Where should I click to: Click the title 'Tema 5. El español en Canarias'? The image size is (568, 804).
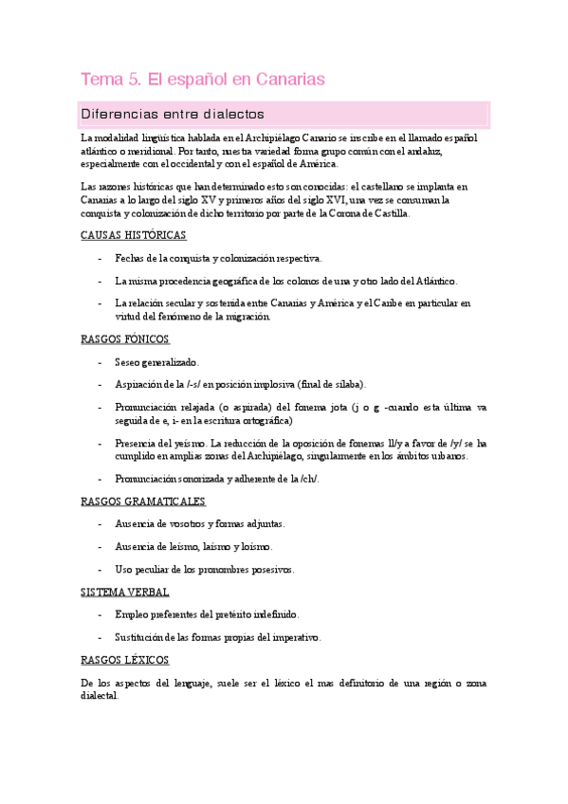tap(203, 80)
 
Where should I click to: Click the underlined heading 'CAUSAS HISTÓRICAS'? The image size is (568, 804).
tap(134, 235)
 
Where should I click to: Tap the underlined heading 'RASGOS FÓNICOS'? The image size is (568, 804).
tap(126, 338)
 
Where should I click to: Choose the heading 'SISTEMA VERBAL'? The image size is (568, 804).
tap(126, 592)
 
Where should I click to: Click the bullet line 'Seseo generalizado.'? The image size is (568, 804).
tap(156, 361)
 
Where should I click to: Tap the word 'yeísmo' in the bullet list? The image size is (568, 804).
tap(184, 443)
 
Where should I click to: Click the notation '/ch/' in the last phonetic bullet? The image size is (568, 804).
tap(310, 478)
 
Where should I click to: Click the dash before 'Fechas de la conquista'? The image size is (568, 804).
tap(101, 258)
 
